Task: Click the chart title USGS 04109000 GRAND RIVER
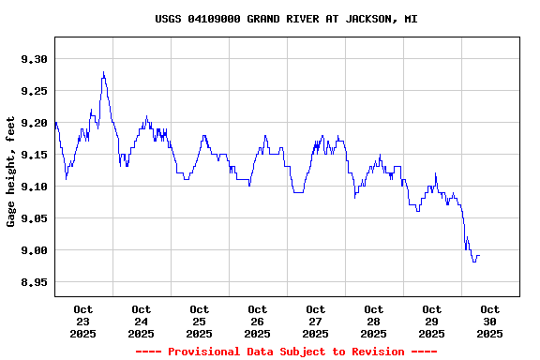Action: coord(286,19)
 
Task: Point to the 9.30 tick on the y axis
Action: coord(33,59)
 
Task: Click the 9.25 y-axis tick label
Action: coord(33,91)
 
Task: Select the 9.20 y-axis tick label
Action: coord(33,123)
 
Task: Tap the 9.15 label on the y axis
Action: coord(33,155)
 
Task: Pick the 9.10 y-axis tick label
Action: coord(33,187)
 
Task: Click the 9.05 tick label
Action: coord(33,218)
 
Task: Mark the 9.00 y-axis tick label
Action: coord(33,250)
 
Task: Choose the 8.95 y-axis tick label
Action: coord(33,282)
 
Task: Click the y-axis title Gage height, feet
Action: coord(11,172)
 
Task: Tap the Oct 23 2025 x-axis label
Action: coord(83,321)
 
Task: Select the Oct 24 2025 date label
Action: coord(142,321)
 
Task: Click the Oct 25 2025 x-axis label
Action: coord(200,321)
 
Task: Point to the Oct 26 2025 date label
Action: coord(258,321)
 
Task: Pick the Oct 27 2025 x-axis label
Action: coord(316,321)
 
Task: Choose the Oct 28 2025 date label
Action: coord(374,321)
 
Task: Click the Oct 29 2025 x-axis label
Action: coord(432,321)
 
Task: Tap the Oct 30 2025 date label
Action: coord(490,321)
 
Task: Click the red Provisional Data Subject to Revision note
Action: coord(286,352)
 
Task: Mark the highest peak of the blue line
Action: coord(103,72)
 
